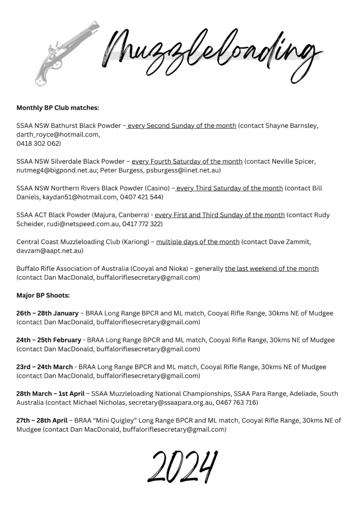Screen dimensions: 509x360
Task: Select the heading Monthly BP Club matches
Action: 58,107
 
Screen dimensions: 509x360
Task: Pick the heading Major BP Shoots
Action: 43,295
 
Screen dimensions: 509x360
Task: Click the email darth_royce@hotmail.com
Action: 58,135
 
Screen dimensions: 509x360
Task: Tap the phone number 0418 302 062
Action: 39,144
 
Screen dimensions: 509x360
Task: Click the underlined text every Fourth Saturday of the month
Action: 187,162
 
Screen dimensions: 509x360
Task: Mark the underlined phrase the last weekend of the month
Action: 271,269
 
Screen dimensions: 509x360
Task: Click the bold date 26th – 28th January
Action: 47,313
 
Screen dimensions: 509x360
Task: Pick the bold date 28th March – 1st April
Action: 50,394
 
